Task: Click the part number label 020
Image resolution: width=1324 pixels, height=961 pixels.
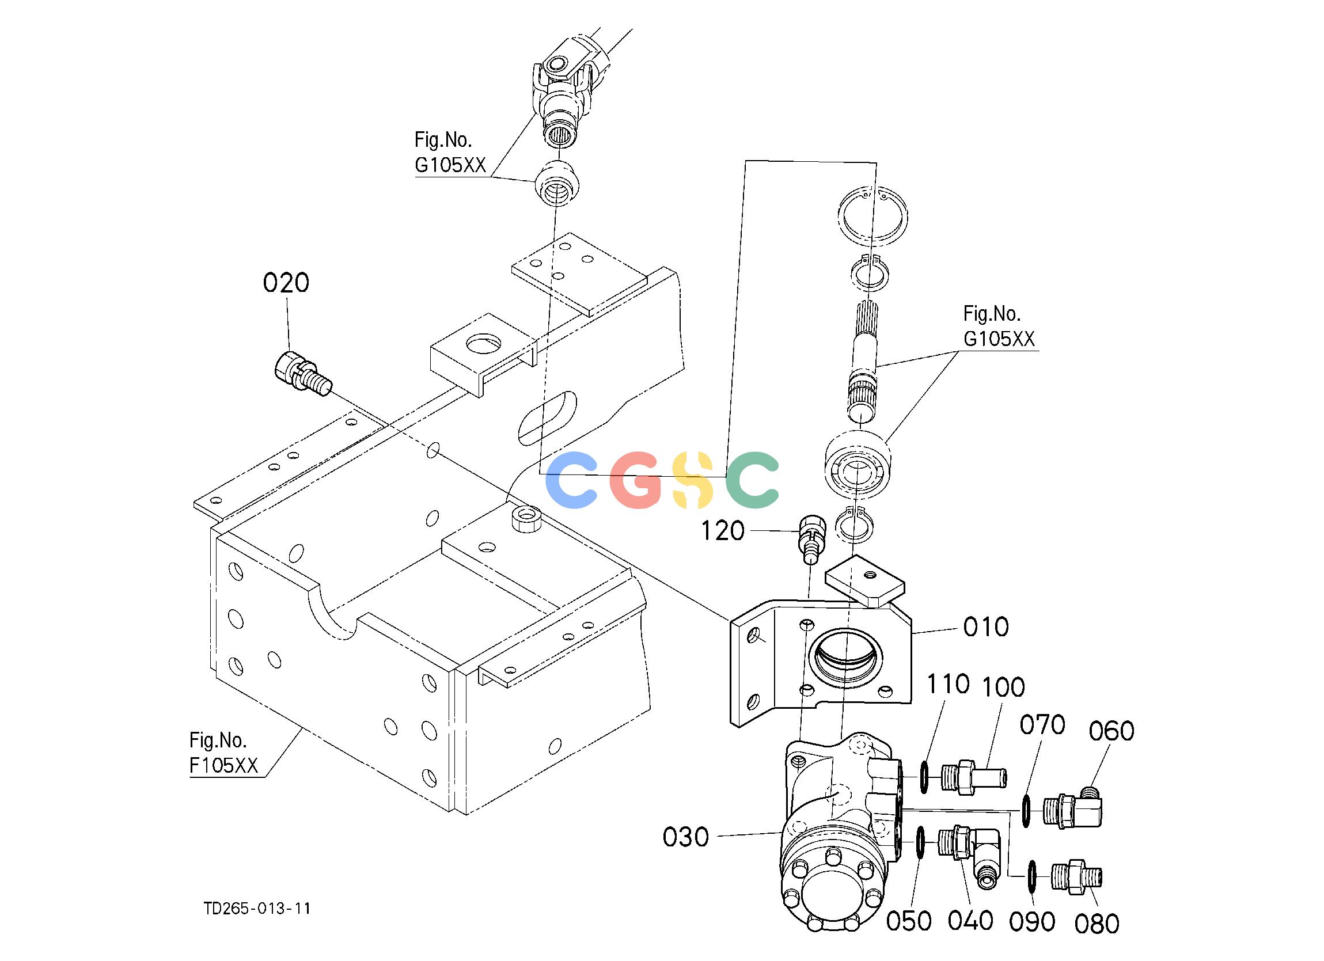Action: click(x=286, y=283)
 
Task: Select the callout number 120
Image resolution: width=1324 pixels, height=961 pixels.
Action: click(x=723, y=531)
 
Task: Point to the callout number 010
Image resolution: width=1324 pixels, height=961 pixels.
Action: click(x=986, y=627)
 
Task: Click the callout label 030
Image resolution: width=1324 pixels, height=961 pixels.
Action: click(x=686, y=837)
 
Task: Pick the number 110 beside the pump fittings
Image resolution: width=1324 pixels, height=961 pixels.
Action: click(x=949, y=684)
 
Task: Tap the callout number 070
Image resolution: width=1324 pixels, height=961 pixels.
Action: click(x=1043, y=725)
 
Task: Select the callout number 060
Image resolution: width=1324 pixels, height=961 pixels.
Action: click(x=1112, y=731)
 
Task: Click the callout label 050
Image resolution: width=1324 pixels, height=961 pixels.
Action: click(x=909, y=921)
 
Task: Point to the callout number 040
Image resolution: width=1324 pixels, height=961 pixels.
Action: click(x=970, y=921)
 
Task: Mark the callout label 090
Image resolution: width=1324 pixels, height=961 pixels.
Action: click(x=1032, y=922)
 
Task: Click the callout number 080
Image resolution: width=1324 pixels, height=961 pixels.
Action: click(x=1097, y=924)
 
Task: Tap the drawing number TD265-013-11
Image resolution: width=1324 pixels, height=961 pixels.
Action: click(x=257, y=909)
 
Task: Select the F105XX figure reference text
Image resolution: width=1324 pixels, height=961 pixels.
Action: click(x=223, y=765)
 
